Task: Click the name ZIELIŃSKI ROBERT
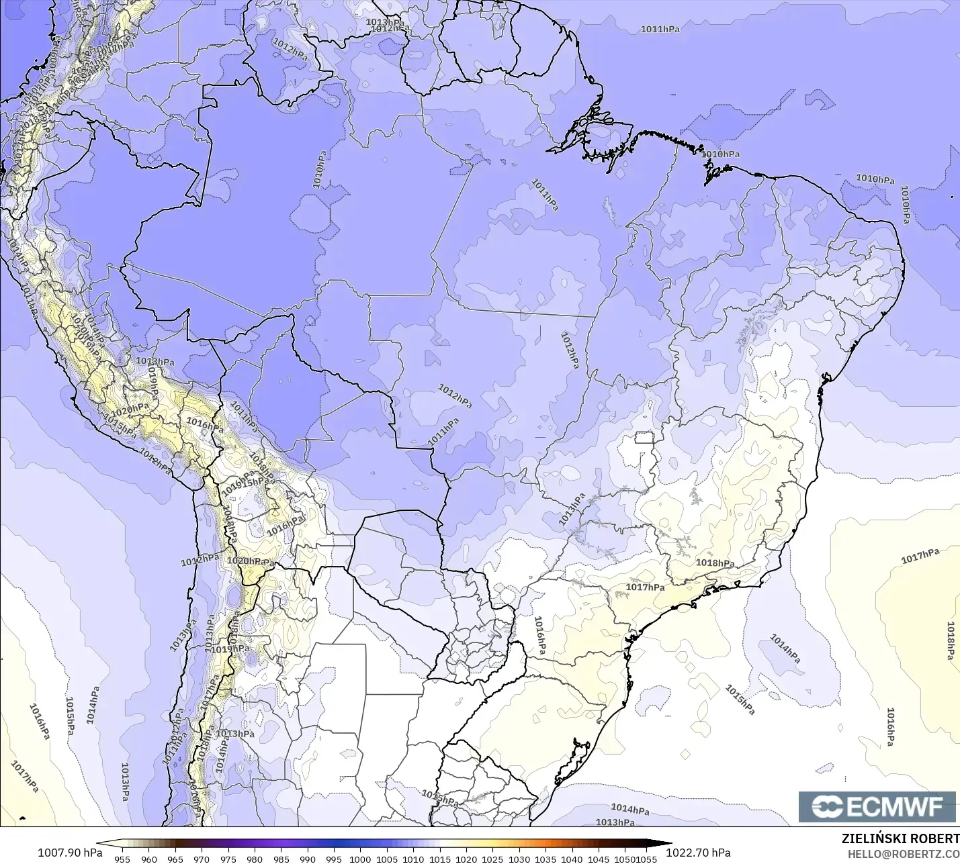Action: click(900, 838)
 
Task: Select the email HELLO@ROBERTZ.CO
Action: click(903, 854)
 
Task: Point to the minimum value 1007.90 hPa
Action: click(70, 853)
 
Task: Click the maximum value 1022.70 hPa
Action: click(698, 853)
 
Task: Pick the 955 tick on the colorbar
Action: click(122, 859)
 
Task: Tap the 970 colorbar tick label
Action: click(202, 859)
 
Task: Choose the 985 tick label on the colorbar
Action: click(281, 859)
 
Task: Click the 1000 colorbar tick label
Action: click(360, 859)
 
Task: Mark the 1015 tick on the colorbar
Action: click(439, 859)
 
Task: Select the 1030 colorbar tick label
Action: click(519, 859)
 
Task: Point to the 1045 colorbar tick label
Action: click(598, 859)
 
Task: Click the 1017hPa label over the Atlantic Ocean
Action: click(920, 556)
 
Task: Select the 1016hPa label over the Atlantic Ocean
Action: click(890, 726)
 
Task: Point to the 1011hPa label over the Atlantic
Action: click(660, 29)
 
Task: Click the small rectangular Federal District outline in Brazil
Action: click(644, 438)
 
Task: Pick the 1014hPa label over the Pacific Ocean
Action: click(92, 705)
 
